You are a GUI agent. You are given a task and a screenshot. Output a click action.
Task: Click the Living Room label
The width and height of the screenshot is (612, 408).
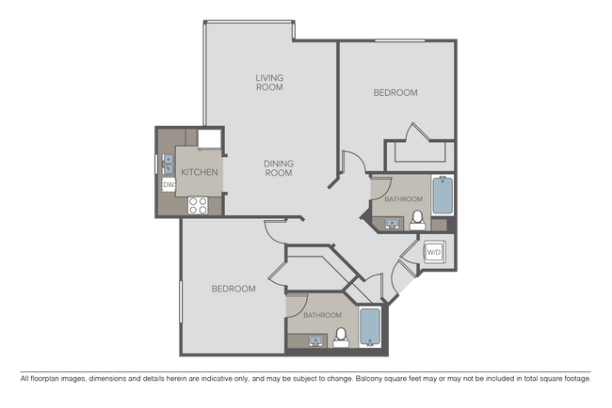click(269, 82)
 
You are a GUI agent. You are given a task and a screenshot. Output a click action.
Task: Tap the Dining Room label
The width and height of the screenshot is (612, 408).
click(279, 168)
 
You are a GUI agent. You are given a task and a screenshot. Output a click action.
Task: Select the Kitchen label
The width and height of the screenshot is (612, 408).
click(200, 172)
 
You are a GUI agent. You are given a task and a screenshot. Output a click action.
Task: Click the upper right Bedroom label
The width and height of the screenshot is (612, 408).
click(395, 92)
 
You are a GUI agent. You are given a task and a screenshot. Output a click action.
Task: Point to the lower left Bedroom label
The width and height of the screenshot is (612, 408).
click(234, 289)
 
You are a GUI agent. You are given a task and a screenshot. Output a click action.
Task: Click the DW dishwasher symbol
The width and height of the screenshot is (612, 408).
click(169, 184)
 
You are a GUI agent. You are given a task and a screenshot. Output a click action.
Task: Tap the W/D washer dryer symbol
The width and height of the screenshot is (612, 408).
click(434, 252)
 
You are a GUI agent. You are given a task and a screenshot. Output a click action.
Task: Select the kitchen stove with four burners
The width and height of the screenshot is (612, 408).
click(198, 205)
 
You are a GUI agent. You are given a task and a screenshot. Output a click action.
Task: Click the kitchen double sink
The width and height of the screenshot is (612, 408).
click(169, 164)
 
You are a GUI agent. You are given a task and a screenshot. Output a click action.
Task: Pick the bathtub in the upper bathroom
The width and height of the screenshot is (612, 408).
click(443, 196)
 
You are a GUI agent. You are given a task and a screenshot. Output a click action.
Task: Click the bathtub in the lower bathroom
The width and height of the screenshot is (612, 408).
click(370, 326)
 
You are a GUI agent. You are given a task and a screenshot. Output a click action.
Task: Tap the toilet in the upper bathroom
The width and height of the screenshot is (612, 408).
click(417, 221)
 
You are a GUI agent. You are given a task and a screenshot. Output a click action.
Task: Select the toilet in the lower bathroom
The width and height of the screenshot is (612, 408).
click(341, 337)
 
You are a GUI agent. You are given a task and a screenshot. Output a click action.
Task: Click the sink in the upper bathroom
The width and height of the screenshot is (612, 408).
click(393, 224)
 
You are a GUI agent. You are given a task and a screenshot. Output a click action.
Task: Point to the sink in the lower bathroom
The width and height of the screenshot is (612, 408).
click(316, 341)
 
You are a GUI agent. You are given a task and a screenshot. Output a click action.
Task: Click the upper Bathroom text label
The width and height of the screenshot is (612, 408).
click(404, 199)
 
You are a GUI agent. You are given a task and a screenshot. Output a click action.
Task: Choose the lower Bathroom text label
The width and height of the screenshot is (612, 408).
click(322, 315)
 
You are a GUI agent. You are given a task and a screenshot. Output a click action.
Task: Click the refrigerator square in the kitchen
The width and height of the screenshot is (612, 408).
click(209, 139)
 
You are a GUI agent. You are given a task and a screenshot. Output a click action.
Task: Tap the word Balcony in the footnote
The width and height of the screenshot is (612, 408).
click(368, 378)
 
